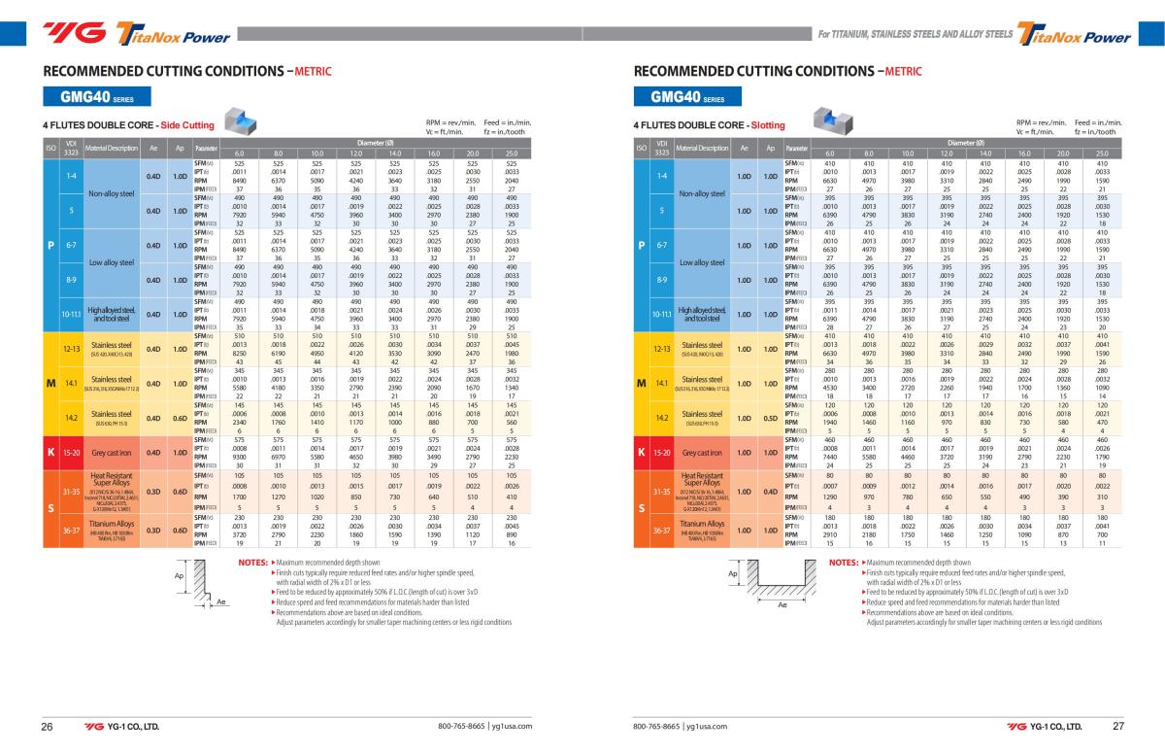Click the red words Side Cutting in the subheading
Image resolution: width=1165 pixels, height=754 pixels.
point(186,125)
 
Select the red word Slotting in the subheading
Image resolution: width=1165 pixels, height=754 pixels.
point(767,125)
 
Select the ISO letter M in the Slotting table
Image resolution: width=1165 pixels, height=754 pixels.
point(641,383)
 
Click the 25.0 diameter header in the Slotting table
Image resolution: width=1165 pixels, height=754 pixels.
point(1102,154)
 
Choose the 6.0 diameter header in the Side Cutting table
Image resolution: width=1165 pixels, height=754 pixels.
point(239,154)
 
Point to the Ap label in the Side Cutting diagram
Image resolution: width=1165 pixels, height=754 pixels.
point(179,575)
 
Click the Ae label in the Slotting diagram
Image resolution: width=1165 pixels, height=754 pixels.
point(782,604)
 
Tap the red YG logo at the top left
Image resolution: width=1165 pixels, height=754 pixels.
point(74,36)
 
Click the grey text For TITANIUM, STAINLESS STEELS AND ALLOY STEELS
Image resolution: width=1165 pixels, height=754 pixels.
point(915,34)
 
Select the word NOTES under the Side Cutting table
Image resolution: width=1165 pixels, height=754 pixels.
point(252,563)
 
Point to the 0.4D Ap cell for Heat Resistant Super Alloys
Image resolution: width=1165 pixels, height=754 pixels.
point(771,491)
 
